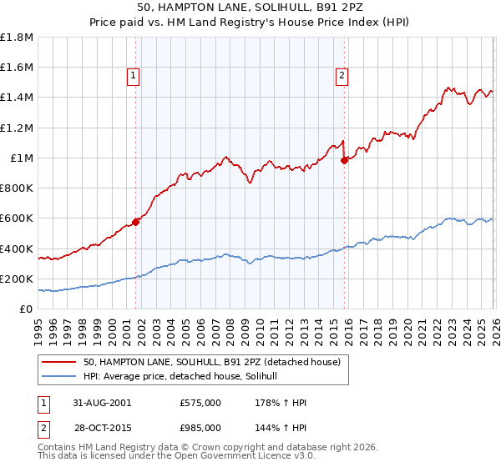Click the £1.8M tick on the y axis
coord(17,38)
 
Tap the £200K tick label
coord(17,279)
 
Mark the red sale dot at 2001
coord(135,223)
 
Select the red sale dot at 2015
coord(344,161)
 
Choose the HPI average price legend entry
coord(185,377)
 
